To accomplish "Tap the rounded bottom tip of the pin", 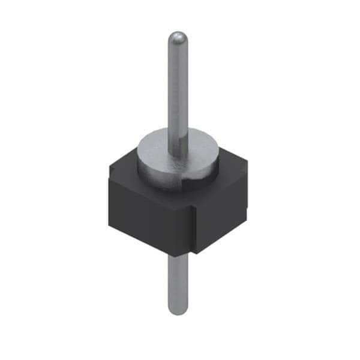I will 177,310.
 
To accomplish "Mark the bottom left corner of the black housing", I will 110,227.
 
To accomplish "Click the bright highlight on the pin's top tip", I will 175,37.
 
